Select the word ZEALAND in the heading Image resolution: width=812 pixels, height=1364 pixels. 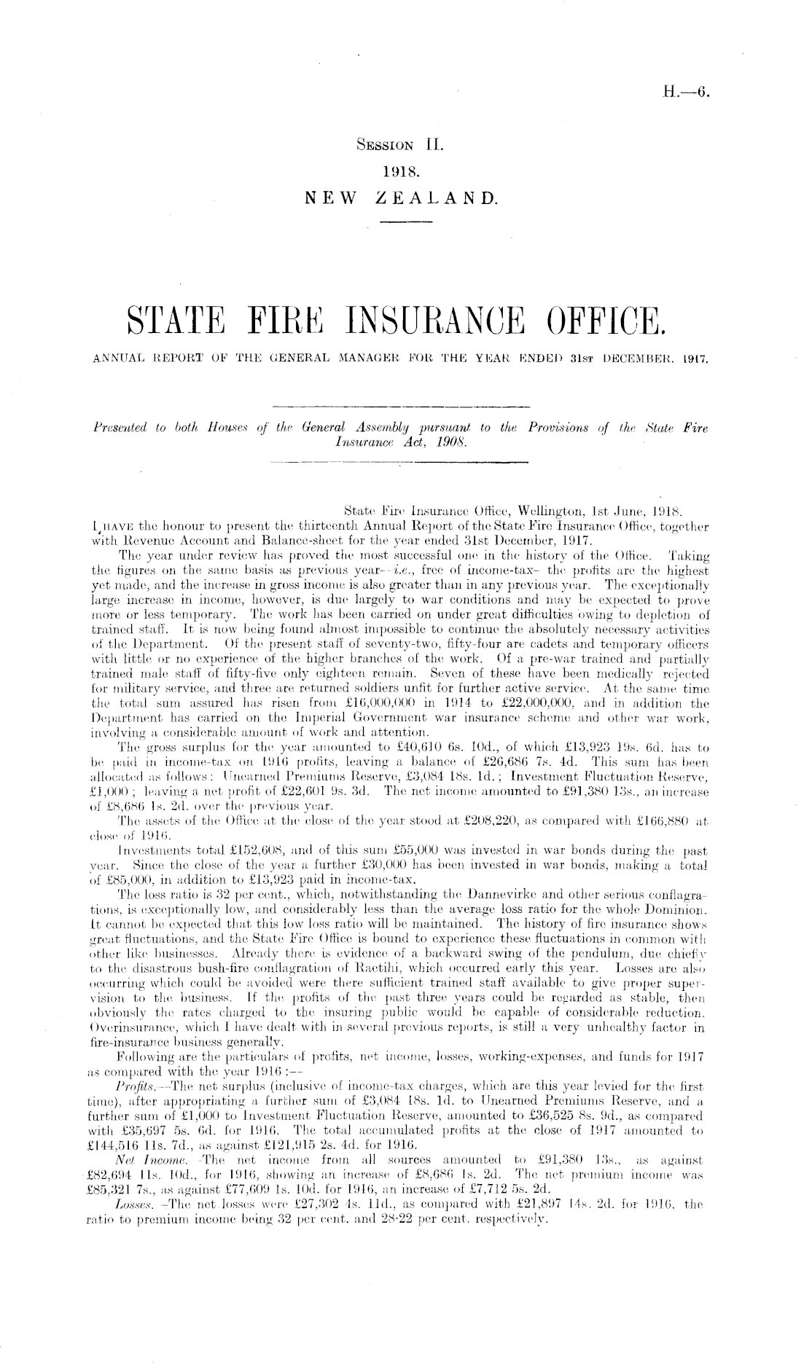coord(437,197)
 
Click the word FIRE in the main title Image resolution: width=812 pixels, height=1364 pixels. coord(274,319)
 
